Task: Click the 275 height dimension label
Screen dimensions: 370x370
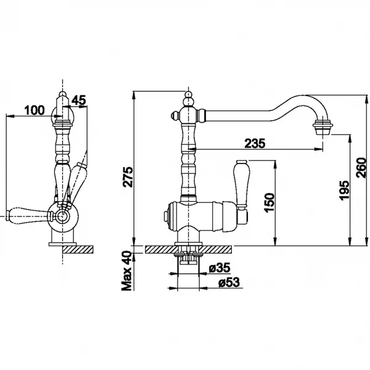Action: [x=128, y=177]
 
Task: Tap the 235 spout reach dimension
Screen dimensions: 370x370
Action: [x=255, y=143]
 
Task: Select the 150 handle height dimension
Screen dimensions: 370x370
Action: [x=269, y=202]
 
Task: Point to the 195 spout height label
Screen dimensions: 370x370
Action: [x=344, y=190]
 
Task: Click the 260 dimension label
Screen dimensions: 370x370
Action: [x=361, y=168]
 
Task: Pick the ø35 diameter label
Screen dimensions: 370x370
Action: [x=220, y=268]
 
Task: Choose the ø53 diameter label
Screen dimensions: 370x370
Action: [x=229, y=282]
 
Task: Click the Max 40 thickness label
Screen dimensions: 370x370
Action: [x=126, y=271]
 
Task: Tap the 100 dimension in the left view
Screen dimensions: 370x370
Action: [x=35, y=110]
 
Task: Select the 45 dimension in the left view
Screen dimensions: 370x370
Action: [x=79, y=101]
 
